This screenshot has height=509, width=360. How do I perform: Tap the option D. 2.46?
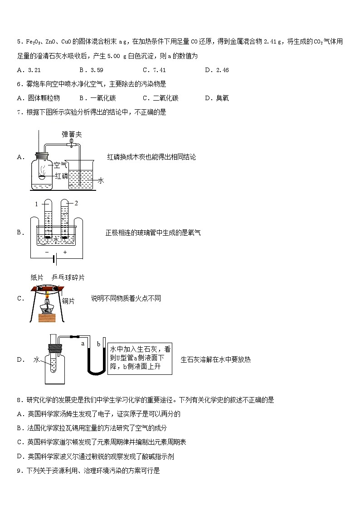(216, 70)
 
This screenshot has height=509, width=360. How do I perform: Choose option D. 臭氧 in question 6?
(216, 98)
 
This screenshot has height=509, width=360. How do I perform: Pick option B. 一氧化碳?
(97, 98)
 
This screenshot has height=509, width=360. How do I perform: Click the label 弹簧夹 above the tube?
(71, 134)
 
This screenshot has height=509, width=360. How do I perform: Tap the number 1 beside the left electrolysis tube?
(36, 204)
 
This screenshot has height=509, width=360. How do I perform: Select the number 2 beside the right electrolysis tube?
(76, 203)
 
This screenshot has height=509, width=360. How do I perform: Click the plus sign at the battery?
(65, 252)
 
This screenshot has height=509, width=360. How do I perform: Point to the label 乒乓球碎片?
(68, 277)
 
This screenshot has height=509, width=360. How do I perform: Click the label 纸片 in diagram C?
(37, 277)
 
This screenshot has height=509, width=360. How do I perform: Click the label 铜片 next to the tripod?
(68, 301)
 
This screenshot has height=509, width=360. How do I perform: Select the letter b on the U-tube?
(98, 344)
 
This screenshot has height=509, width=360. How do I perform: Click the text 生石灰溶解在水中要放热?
(215, 359)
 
